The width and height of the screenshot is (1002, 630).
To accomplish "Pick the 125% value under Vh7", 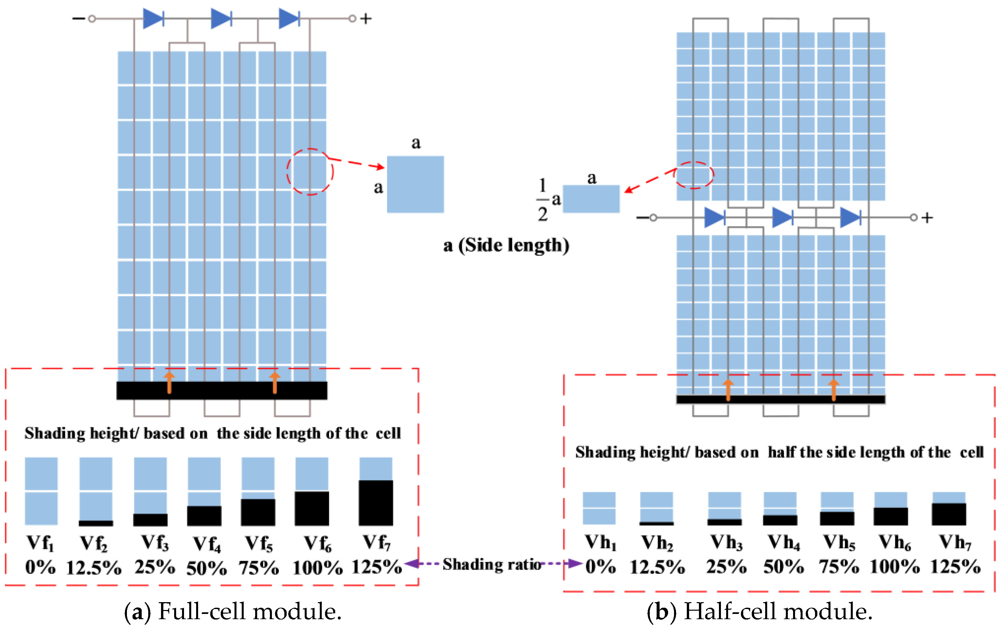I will (955, 567).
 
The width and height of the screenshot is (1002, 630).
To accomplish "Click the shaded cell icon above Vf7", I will (376, 492).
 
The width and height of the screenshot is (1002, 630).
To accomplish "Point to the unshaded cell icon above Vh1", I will (599, 508).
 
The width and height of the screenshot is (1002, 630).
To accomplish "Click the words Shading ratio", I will (492, 564).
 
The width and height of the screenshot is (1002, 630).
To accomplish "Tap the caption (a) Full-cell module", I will (233, 611).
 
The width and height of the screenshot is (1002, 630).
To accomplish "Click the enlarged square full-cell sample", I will (415, 184).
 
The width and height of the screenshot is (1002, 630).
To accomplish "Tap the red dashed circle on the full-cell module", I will (310, 171).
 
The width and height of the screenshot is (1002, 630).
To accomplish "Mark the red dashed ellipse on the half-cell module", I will (694, 175).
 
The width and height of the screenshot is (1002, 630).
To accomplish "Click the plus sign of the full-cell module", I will (365, 19).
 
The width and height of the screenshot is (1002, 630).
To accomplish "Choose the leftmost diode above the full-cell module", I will (153, 19).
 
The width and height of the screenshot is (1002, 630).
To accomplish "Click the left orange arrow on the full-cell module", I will (169, 382).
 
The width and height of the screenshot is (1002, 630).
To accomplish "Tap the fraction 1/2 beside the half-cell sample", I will (542, 200).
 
